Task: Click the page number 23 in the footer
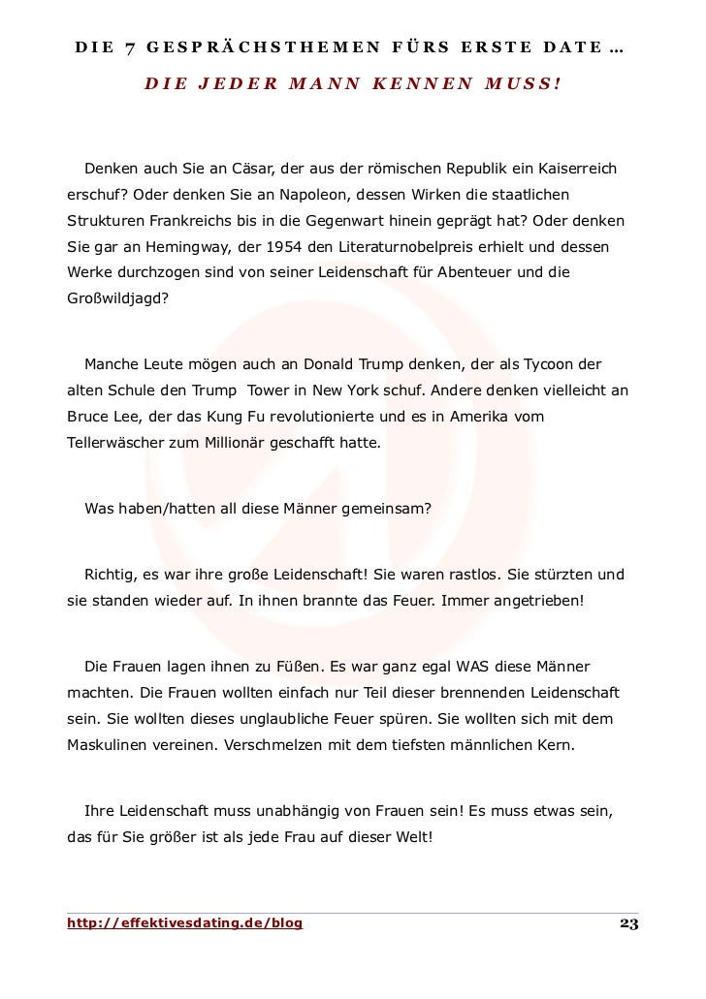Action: pos(628,922)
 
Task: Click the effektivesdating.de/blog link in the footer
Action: pos(184,923)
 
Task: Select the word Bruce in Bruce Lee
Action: pos(87,420)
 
